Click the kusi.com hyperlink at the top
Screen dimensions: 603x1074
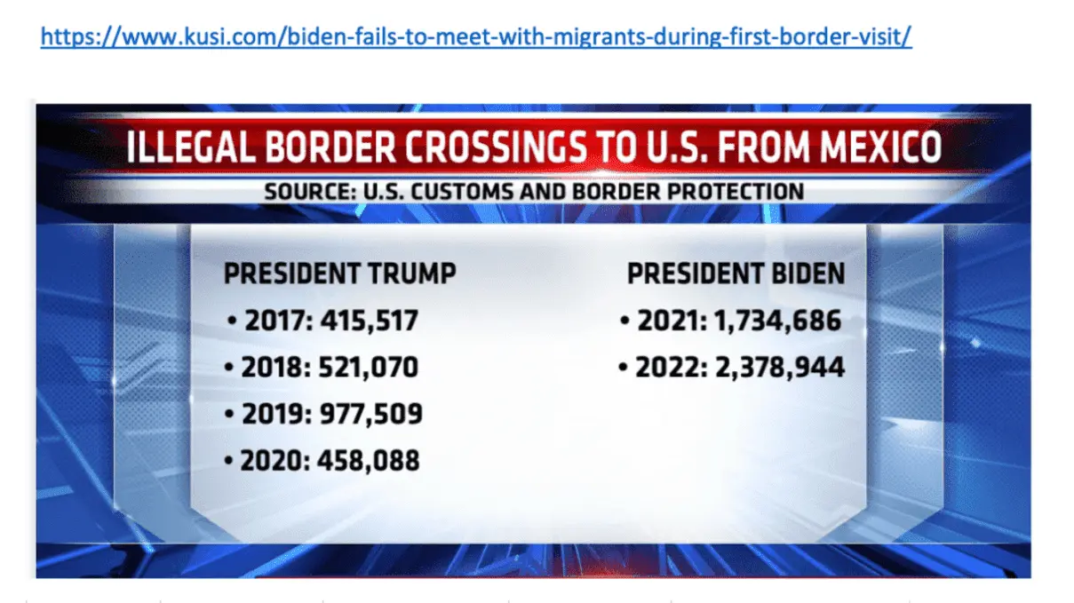point(476,36)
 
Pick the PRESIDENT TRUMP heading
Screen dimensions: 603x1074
point(339,273)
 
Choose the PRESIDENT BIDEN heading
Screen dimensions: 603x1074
point(736,273)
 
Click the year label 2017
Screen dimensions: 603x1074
point(274,320)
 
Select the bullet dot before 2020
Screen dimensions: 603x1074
point(230,462)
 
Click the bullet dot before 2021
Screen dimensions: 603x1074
point(625,321)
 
